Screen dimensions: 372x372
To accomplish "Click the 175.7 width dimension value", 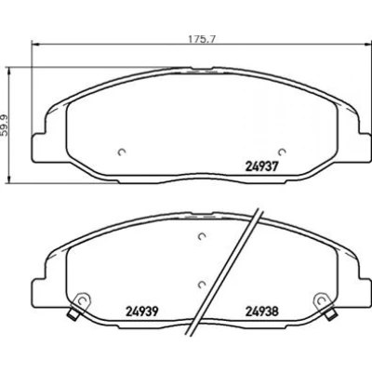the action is tap(202, 39).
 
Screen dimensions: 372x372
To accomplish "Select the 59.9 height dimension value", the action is tap(4, 125).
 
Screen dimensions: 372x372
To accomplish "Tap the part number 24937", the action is tap(260, 167).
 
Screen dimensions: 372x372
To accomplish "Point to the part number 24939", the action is tap(142, 312).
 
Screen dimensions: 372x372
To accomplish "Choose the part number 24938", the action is tap(262, 312).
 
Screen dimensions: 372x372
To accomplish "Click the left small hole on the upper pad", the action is tap(122, 152).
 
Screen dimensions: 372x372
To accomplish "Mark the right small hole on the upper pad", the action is tap(282, 152).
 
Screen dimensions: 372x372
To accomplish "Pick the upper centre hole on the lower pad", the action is tap(202, 236).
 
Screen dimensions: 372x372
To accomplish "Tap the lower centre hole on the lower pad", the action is tap(202, 284).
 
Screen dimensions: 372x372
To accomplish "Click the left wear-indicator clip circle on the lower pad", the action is tap(82, 300).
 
